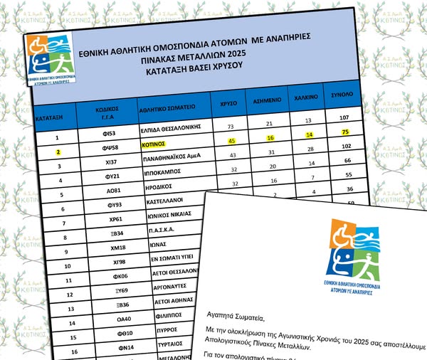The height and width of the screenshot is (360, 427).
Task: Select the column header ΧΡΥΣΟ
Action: tap(229, 102)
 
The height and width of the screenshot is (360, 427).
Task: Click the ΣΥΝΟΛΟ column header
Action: tap(344, 95)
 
